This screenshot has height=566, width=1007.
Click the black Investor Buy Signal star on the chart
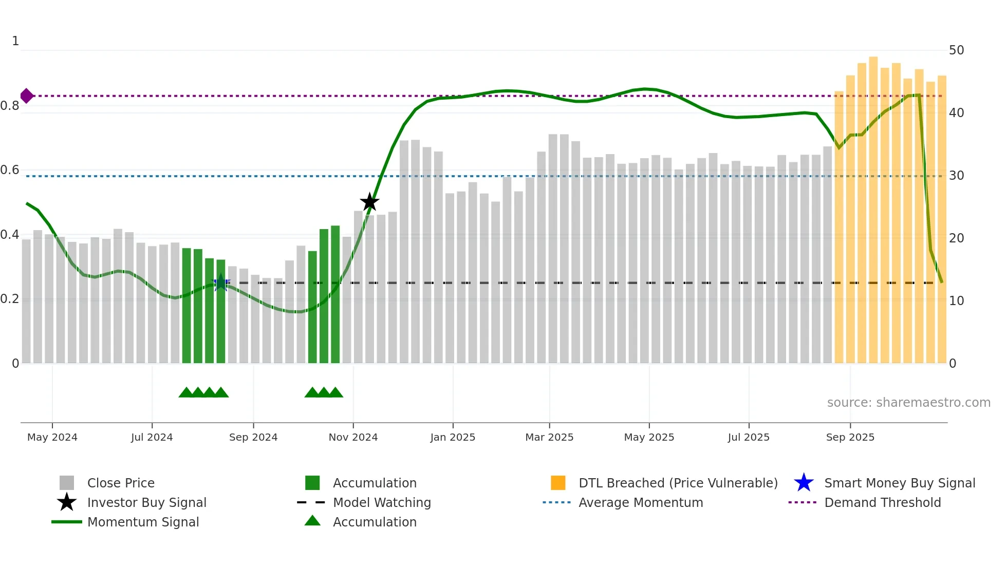pyautogui.click(x=369, y=202)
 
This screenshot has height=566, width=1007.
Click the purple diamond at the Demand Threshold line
pyautogui.click(x=27, y=96)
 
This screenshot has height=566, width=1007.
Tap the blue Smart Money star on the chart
pyautogui.click(x=221, y=282)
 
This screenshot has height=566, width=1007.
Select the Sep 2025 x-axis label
pyautogui.click(x=850, y=437)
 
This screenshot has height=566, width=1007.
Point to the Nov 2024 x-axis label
pyautogui.click(x=353, y=437)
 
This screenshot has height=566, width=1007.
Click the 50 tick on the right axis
pyautogui.click(x=956, y=50)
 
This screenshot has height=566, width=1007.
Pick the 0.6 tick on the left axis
pyautogui.click(x=10, y=170)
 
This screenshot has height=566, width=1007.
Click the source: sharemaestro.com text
pyautogui.click(x=908, y=403)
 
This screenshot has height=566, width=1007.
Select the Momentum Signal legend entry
pyautogui.click(x=143, y=522)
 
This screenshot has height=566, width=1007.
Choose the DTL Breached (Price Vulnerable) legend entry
pyautogui.click(x=678, y=483)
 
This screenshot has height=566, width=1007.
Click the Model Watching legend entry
pyautogui.click(x=381, y=502)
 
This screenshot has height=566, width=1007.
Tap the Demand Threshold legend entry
pyautogui.click(x=882, y=502)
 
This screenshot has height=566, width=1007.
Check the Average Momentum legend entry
pyautogui.click(x=640, y=502)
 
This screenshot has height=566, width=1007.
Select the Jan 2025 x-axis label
pyautogui.click(x=453, y=437)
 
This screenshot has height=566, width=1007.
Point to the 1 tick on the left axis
pyautogui.click(x=15, y=41)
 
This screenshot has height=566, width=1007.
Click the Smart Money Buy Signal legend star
pyautogui.click(x=804, y=483)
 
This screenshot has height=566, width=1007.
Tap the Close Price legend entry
pyautogui.click(x=120, y=483)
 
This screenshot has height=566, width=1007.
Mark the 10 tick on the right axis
pyautogui.click(x=956, y=301)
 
